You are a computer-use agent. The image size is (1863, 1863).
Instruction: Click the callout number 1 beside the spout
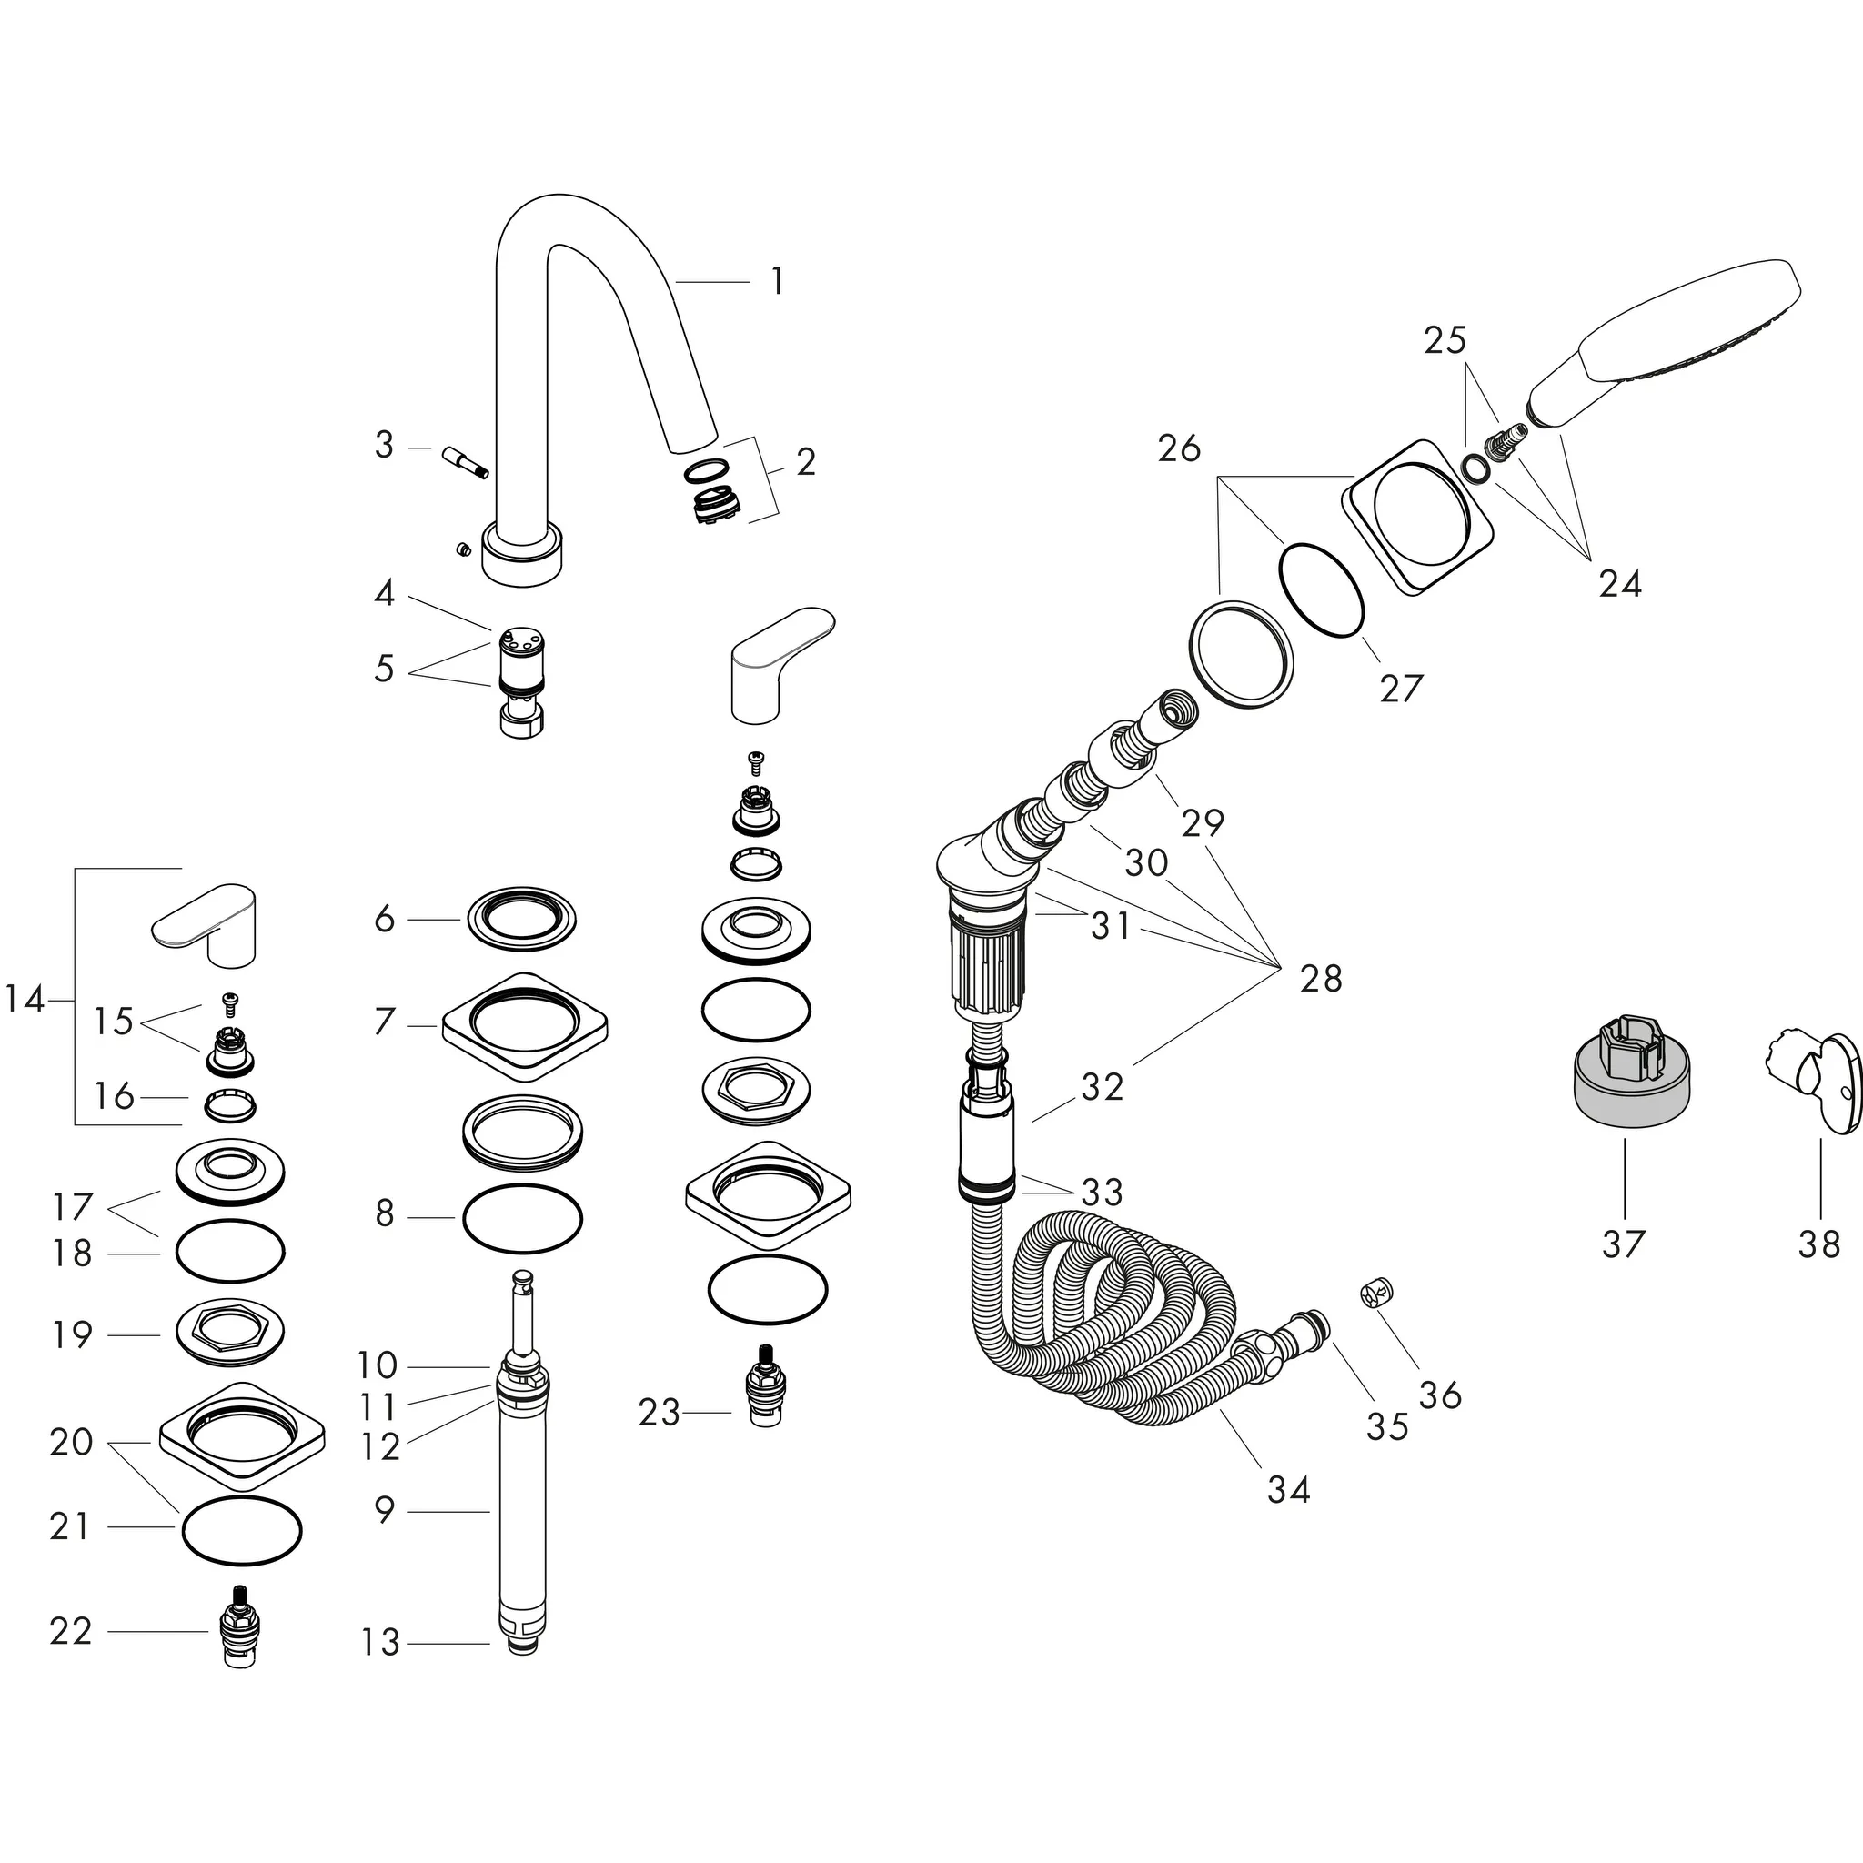[777, 282]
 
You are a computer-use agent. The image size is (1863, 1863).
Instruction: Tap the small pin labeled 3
[465, 461]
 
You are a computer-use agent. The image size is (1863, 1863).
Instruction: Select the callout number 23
[660, 1413]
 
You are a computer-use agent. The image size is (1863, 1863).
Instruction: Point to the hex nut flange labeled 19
[229, 1334]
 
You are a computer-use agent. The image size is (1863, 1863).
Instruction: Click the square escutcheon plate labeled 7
[525, 1026]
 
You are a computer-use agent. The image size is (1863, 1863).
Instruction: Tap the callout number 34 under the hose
[1288, 1490]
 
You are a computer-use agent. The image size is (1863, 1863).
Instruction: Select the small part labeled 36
[1378, 1291]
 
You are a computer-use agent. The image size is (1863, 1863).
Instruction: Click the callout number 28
[1320, 979]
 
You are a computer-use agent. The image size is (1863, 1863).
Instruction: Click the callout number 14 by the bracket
[25, 1000]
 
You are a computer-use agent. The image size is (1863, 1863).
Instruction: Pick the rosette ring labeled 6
[521, 918]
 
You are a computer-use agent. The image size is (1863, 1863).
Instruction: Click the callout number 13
[380, 1642]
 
